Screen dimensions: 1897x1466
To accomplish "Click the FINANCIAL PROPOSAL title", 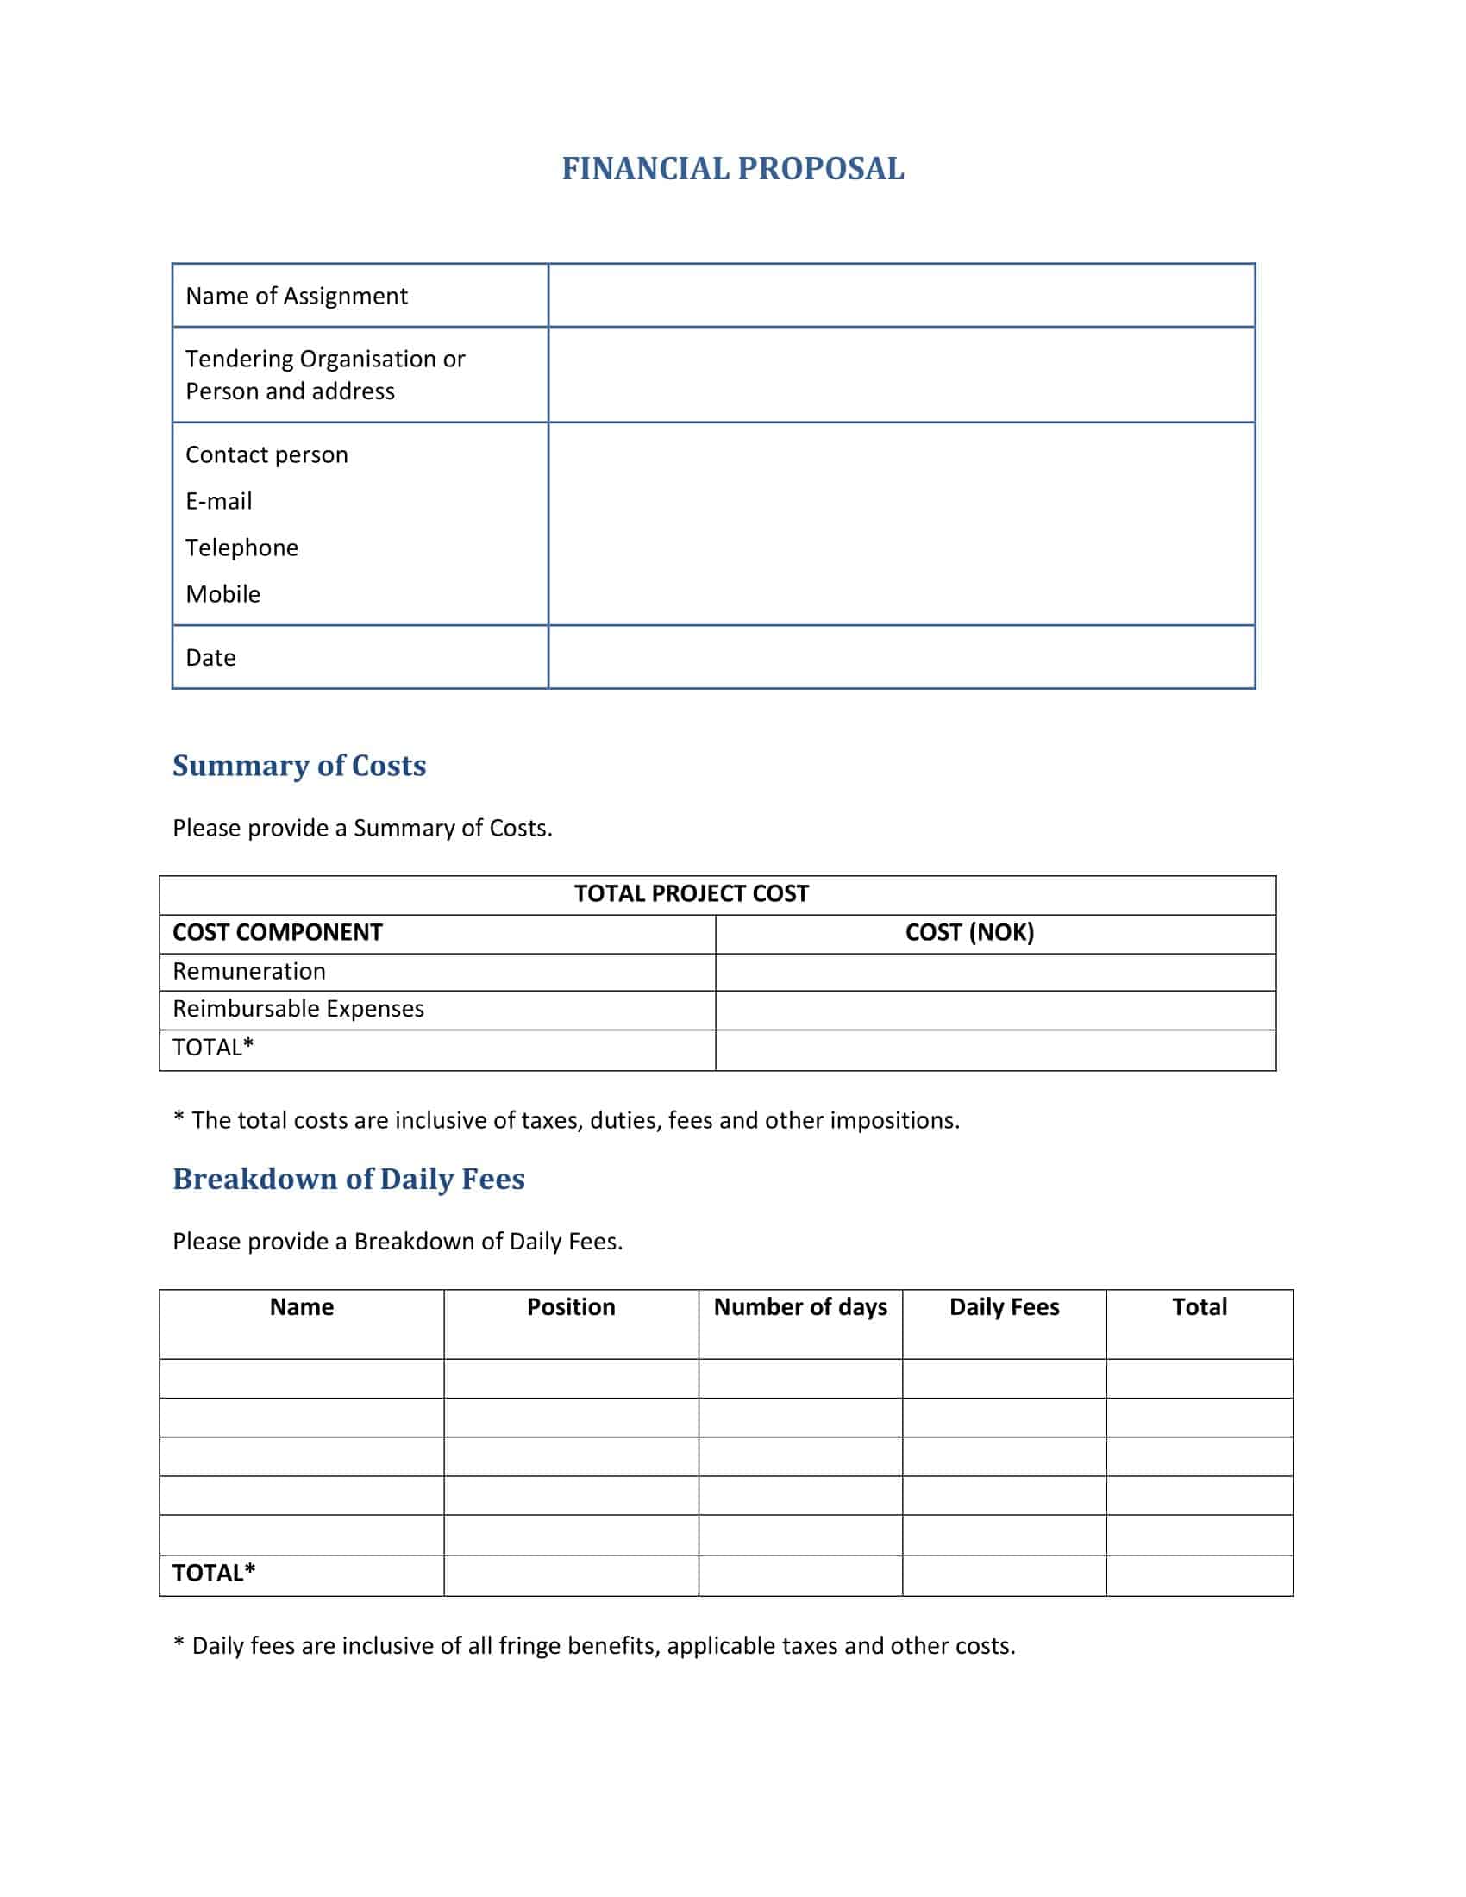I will [732, 168].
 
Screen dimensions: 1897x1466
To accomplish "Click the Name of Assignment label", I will [296, 296].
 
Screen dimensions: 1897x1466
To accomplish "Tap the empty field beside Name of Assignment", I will [900, 296].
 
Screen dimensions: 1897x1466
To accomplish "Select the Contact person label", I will [266, 455].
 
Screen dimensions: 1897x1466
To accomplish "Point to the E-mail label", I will [219, 501].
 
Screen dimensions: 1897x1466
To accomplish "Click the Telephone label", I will [241, 548].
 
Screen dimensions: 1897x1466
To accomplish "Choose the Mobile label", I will [223, 594].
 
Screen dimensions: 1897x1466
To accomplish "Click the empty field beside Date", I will [900, 658].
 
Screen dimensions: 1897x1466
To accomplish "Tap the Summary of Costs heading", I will [298, 765].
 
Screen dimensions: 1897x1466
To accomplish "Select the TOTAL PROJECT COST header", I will [692, 894].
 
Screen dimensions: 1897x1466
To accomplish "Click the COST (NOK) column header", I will [969, 933].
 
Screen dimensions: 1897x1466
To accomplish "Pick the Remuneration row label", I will [249, 971].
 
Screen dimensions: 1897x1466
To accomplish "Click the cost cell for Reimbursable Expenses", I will [995, 1010].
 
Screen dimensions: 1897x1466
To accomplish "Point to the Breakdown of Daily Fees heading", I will [348, 1179].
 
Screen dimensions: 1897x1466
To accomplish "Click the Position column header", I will [571, 1307].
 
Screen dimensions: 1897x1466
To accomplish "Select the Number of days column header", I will [800, 1307].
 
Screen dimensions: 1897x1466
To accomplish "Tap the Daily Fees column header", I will [1004, 1307].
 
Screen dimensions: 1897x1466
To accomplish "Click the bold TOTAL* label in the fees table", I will [214, 1573].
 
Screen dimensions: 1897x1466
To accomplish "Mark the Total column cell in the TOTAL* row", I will [1199, 1575].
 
